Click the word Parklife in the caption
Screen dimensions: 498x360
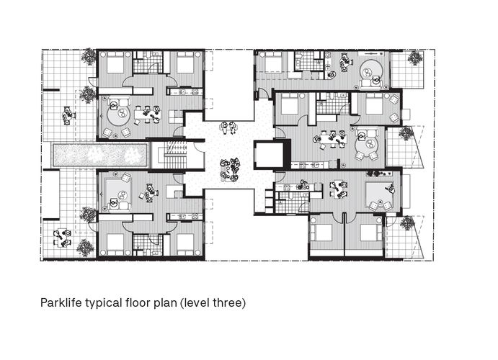(61, 302)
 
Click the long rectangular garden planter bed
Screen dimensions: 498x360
(99, 155)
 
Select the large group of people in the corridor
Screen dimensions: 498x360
(230, 170)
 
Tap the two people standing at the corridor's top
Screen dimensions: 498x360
(229, 127)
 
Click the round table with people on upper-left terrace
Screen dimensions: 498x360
(68, 114)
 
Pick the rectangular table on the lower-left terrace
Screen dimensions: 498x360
(62, 238)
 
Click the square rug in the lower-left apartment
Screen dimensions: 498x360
(118, 193)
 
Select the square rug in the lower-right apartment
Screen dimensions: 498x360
(380, 194)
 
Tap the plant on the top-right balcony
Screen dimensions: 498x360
(414, 58)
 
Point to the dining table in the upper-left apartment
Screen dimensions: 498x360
(146, 114)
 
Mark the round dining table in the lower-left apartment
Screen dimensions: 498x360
(149, 193)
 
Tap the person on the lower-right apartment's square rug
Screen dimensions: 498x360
(390, 189)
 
